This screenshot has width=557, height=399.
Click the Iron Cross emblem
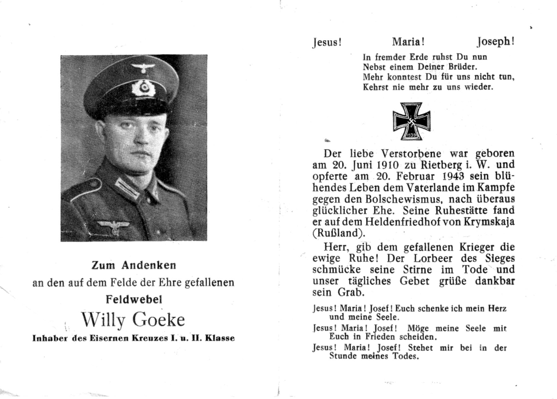[x=411, y=121]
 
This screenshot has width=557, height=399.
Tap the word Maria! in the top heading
[x=408, y=42]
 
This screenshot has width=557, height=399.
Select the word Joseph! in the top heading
[x=495, y=42]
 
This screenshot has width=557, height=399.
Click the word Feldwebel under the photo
[x=134, y=299]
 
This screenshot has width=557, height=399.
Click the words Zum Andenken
[x=134, y=265]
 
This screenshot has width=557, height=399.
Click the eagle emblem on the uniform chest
[x=114, y=226]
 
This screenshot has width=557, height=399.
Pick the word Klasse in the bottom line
[x=220, y=338]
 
